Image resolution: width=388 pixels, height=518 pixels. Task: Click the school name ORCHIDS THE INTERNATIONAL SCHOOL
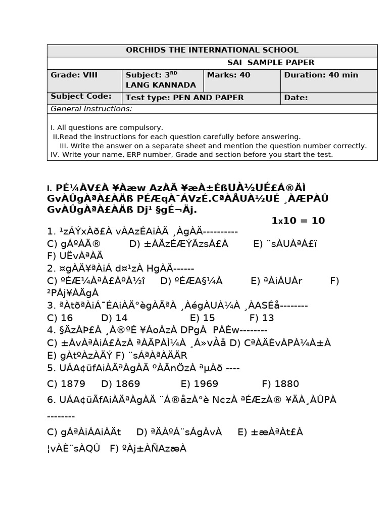[x=212, y=50]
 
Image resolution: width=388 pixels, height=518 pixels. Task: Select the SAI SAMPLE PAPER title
[x=271, y=63]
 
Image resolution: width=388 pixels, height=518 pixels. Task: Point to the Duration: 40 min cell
[x=321, y=75]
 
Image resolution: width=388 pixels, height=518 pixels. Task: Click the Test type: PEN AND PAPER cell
[x=184, y=98]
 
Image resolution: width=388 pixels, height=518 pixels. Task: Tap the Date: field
[x=296, y=98]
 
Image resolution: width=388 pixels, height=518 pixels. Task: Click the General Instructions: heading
[x=91, y=109]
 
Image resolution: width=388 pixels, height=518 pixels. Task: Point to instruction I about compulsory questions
[x=107, y=127]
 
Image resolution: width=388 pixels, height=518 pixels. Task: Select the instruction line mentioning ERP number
[x=191, y=155]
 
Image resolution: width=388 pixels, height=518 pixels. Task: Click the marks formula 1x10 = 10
[x=298, y=221]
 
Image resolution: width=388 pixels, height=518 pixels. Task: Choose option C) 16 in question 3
[x=60, y=318]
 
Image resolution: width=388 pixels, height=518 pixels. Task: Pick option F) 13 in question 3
[x=262, y=318]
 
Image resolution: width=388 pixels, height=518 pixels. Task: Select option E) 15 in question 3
[x=202, y=318]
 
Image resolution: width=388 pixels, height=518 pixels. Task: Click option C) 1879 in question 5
[x=66, y=383]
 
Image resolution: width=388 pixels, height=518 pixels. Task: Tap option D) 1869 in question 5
[x=121, y=383]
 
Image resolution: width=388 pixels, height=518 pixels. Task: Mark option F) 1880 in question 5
[x=280, y=383]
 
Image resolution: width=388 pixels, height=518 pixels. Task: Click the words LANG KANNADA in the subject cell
[x=161, y=85]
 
